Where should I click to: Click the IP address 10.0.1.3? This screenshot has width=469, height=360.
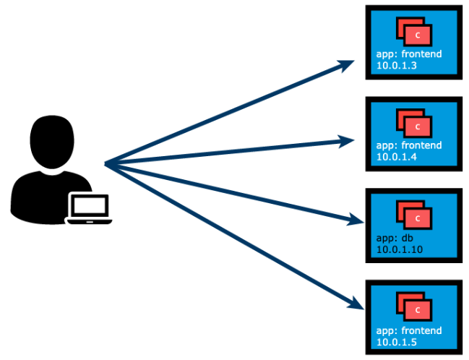[397, 66]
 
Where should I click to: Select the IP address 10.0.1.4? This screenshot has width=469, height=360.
[397, 157]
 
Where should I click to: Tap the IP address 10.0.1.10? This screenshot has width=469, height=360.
[400, 249]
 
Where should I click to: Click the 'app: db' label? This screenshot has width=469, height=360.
[394, 237]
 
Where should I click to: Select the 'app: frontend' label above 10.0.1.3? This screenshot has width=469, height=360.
[409, 54]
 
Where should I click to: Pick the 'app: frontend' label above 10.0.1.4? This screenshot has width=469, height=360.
[409, 145]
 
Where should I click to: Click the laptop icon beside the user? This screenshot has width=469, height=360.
[90, 208]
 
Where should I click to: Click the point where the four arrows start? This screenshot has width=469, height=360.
[106, 164]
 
